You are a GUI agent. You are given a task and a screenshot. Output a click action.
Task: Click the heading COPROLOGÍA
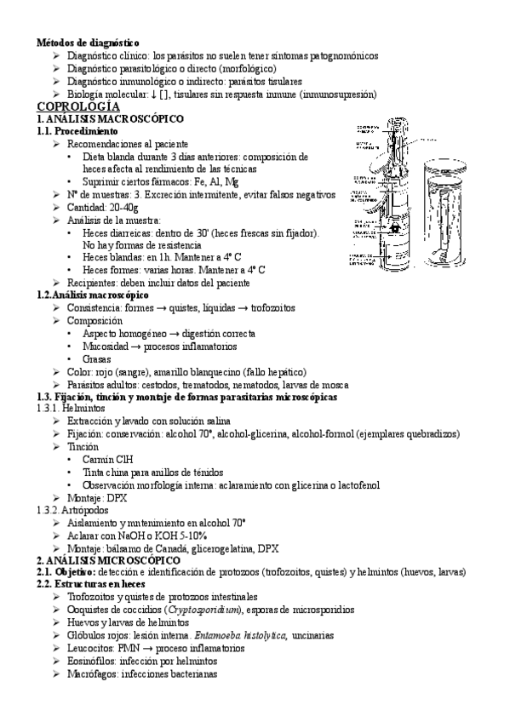coord(77,108)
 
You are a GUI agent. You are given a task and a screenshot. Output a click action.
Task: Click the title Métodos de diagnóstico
coord(88,42)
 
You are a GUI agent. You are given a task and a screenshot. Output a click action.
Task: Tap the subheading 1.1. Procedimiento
coord(77,133)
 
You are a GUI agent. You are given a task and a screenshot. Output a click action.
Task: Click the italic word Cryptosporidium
coord(223,610)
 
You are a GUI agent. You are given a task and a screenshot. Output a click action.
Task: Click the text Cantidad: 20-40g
coord(99,207)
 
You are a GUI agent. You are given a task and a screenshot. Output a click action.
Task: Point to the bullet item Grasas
coord(97,359)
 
